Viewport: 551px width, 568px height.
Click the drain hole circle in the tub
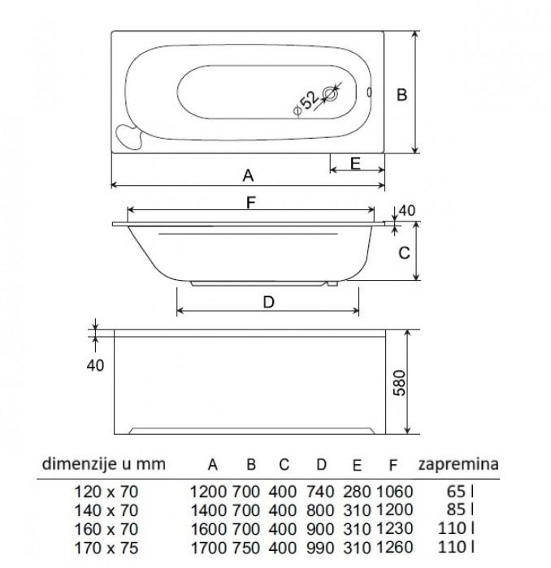pos(331,94)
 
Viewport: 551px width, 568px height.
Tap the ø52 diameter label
pos(306,103)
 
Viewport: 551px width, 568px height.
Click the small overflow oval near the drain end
pos(369,93)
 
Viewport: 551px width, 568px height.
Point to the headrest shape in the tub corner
pos(128,136)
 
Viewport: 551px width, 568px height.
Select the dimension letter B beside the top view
pos(401,95)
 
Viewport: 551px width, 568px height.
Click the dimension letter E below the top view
pos(355,163)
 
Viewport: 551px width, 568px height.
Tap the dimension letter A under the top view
pos(248,176)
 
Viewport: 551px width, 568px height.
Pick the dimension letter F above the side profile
pos(251,203)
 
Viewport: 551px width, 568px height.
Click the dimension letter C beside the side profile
pos(404,253)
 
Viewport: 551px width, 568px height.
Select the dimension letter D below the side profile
pos(268,302)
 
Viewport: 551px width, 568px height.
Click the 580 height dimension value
pos(399,383)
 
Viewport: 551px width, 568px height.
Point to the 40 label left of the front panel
pos(95,365)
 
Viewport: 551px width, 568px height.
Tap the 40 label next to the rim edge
pos(407,210)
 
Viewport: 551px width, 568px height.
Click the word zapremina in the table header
pos(458,464)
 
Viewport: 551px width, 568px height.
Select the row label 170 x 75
pos(106,548)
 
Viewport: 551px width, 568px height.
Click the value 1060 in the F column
pos(395,492)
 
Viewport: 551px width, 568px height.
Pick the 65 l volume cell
pos(460,492)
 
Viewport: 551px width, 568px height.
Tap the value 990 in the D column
pos(320,548)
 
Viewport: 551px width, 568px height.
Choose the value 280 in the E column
pos(357,492)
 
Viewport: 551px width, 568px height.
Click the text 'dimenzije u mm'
pos(104,464)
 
